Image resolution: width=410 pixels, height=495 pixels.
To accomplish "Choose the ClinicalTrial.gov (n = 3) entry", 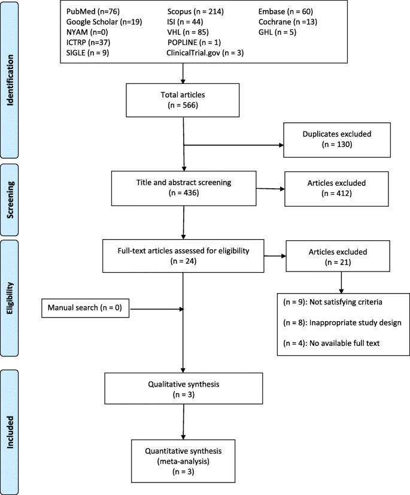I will point(205,52).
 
